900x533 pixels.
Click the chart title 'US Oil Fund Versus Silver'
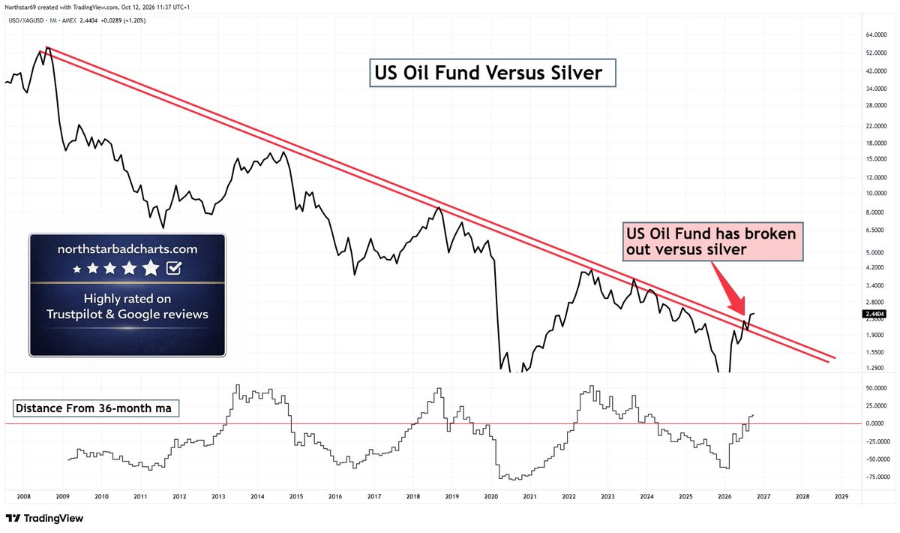click(x=488, y=73)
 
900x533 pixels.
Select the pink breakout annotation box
click(x=712, y=242)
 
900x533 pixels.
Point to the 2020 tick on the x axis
click(x=491, y=496)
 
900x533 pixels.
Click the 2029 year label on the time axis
click(x=841, y=496)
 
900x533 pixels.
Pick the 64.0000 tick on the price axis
click(x=873, y=35)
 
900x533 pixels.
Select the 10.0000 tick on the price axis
click(x=873, y=194)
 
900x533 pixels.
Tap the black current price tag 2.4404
click(x=874, y=314)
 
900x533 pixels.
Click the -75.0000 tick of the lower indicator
click(x=871, y=477)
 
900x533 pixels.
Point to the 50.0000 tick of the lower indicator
click(x=873, y=388)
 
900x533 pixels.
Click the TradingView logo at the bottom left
click(x=44, y=518)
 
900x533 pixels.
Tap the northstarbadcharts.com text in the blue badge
click(x=127, y=249)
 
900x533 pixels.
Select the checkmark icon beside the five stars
click(x=174, y=268)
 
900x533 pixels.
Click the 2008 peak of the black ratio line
click(x=48, y=47)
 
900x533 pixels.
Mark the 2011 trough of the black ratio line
click(x=163, y=227)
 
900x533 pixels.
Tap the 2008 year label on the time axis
click(x=24, y=496)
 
